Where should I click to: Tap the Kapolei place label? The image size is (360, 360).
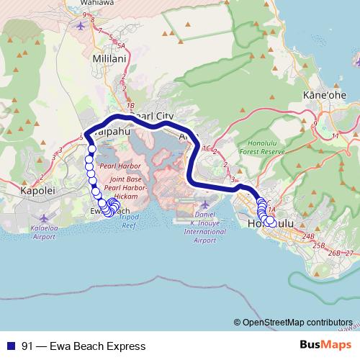pos(33,193)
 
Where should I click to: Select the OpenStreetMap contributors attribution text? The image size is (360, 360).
pos(297,322)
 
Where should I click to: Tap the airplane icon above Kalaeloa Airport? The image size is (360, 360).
pos(47,215)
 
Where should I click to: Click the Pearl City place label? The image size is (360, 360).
pos(153,115)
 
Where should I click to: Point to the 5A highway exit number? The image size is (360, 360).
pos(121,45)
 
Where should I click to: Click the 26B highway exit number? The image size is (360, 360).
pos(333,253)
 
